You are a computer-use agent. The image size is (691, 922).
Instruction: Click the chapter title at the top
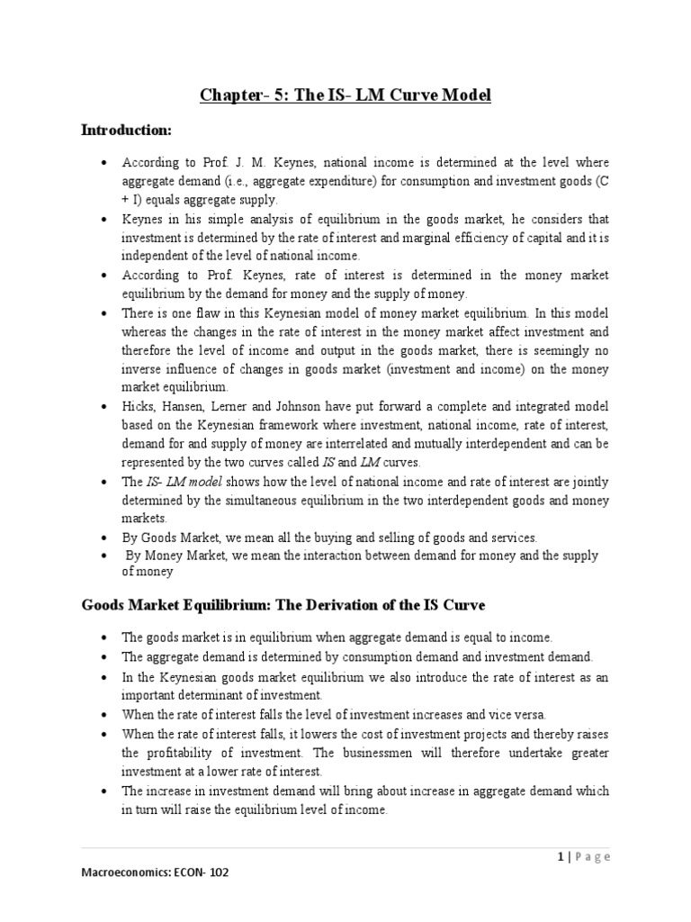coord(345,95)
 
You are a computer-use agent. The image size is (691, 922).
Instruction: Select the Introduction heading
coord(126,131)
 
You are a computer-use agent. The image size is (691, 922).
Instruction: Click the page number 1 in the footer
coord(559,856)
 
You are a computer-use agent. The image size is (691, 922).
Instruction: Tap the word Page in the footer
coord(590,856)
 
